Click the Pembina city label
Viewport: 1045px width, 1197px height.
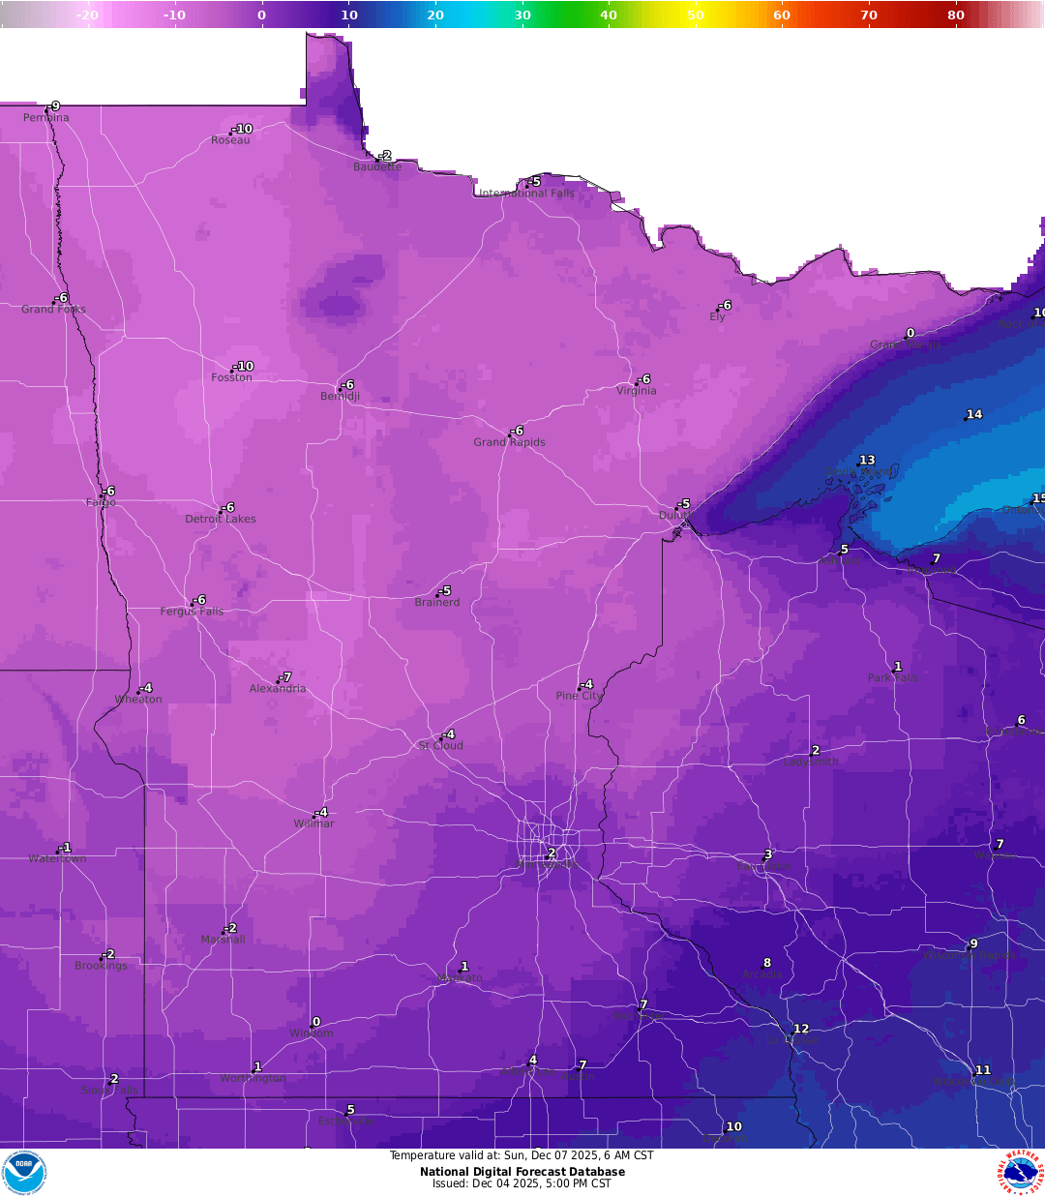(45, 118)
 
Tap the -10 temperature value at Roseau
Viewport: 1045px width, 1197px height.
(243, 129)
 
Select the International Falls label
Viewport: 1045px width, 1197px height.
(527, 194)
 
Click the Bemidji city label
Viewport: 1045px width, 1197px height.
(340, 397)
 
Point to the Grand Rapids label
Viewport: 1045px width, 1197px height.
(509, 442)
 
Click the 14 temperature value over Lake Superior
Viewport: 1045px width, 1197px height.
(974, 414)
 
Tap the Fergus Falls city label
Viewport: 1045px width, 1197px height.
(192, 612)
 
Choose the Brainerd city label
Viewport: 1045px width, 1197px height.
(437, 602)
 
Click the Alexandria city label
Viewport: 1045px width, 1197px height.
(278, 689)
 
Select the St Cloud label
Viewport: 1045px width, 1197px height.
(440, 746)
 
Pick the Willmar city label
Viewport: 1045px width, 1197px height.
(313, 823)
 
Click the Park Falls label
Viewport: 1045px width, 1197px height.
(892, 678)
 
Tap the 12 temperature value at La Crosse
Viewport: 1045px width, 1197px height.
(801, 1029)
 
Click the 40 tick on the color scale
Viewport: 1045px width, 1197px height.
(609, 15)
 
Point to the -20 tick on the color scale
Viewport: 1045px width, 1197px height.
(87, 15)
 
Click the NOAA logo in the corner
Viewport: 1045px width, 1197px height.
(24, 1173)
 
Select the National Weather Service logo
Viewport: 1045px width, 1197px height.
(1020, 1173)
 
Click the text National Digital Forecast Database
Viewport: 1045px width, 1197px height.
(522, 1172)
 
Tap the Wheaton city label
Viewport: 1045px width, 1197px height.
(138, 700)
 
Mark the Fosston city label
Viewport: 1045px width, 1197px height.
(231, 377)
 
